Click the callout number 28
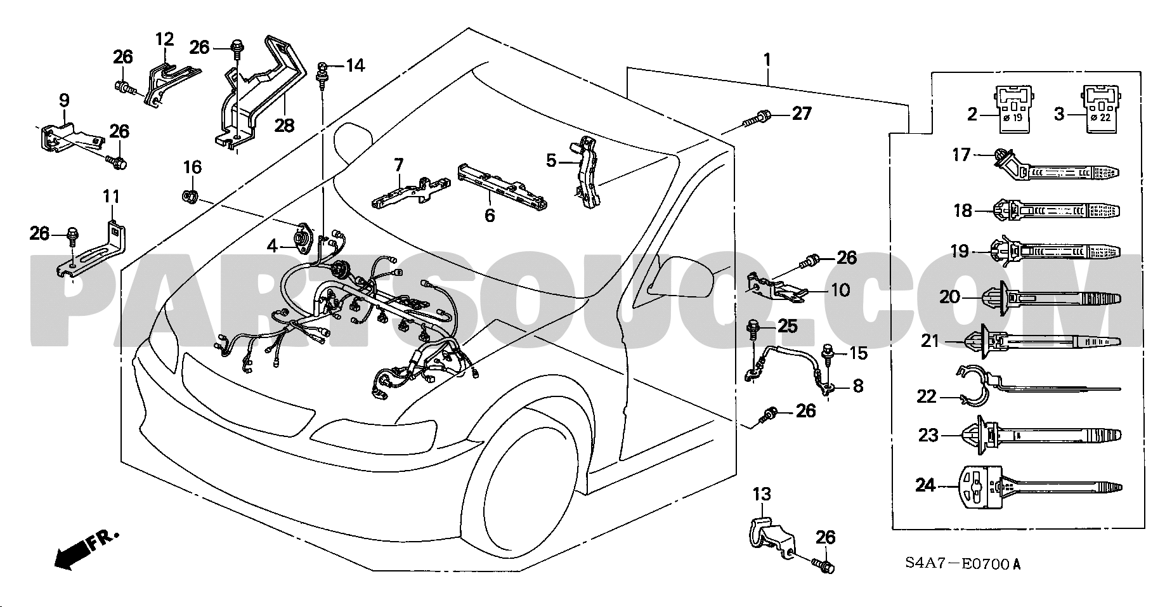click(x=284, y=126)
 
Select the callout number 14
click(x=355, y=65)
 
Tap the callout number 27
click(x=802, y=114)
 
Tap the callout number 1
click(x=767, y=61)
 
